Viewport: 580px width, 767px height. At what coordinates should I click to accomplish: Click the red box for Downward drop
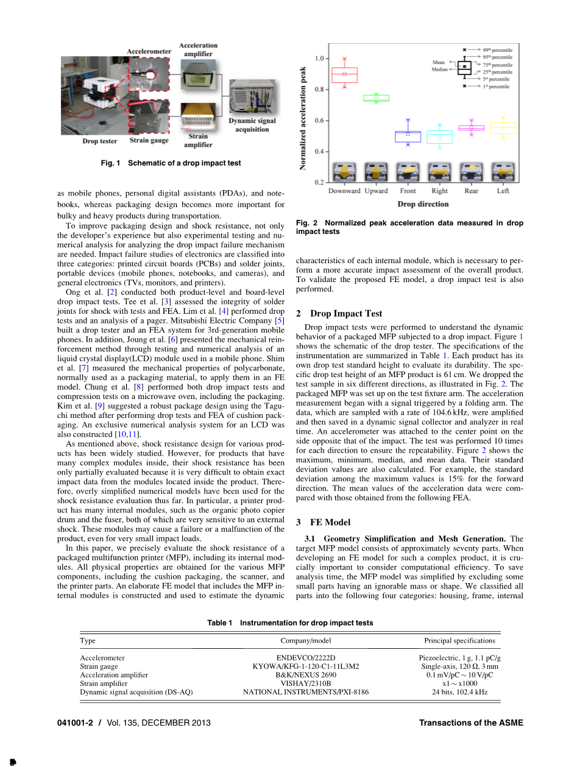click(344, 74)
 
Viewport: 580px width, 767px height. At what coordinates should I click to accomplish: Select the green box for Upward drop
click(376, 98)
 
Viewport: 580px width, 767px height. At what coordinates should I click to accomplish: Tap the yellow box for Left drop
click(503, 128)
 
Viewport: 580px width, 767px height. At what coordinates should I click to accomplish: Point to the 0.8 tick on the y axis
click(319, 90)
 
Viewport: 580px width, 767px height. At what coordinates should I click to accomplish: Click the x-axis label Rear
click(471, 191)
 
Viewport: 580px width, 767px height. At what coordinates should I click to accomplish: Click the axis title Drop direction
click(423, 204)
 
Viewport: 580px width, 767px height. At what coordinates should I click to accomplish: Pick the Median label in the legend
click(439, 69)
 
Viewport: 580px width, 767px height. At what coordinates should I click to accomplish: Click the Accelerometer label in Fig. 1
click(149, 51)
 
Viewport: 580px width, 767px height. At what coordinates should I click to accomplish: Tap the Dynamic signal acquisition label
click(252, 125)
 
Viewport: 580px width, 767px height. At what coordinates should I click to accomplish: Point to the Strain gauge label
click(149, 141)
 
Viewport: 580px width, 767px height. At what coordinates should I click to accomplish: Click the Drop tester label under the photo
click(100, 141)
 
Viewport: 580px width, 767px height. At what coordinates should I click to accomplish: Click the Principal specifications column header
click(459, 640)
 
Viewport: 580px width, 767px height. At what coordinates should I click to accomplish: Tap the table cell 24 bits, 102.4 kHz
click(459, 692)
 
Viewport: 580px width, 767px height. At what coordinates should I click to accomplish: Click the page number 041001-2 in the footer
click(77, 723)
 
